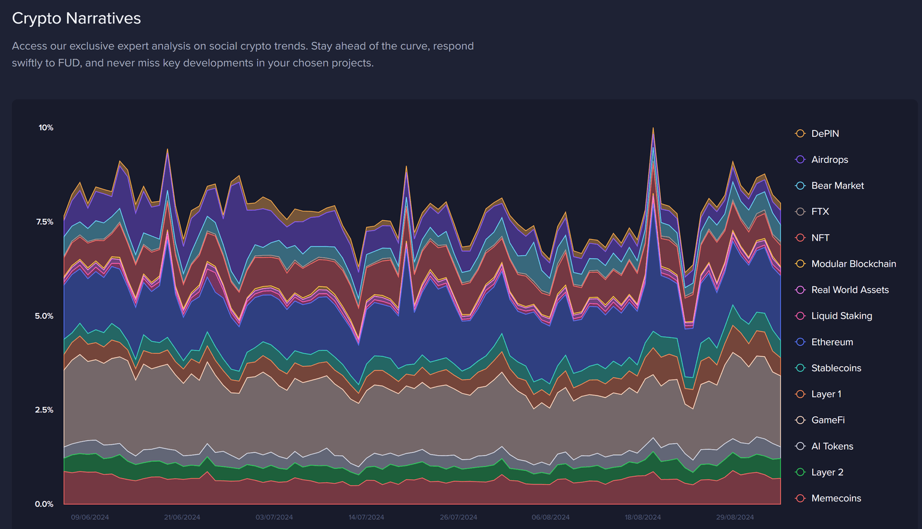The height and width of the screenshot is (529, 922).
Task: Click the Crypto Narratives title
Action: (x=76, y=19)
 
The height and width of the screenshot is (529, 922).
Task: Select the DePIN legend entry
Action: (x=825, y=134)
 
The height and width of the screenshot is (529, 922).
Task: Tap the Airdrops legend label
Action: (x=830, y=160)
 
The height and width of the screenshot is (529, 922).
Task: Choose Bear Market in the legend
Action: (x=837, y=186)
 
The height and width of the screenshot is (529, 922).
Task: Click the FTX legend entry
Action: (x=820, y=212)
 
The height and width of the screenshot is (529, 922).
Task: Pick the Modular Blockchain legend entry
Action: (x=853, y=264)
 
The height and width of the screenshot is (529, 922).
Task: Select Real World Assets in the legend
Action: (x=849, y=290)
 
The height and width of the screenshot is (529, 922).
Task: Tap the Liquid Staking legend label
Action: (x=842, y=316)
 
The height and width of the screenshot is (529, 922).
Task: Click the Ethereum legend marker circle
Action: (x=800, y=342)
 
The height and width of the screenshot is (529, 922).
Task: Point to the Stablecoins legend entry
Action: (x=836, y=368)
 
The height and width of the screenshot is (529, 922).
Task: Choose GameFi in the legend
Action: (x=828, y=420)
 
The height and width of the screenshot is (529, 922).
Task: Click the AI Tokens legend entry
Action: (x=832, y=446)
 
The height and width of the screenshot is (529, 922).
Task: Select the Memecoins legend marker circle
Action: (x=800, y=498)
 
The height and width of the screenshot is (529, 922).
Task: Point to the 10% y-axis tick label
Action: (x=46, y=128)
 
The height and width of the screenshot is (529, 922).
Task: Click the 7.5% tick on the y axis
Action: (x=44, y=222)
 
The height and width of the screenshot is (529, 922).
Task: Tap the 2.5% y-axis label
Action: (x=44, y=410)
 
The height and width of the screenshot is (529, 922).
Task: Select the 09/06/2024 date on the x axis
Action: (x=90, y=517)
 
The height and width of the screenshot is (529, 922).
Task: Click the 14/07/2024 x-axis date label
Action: (x=366, y=517)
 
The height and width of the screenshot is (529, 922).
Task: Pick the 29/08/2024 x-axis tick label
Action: (x=735, y=517)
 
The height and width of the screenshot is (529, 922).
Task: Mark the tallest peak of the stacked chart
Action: (x=653, y=128)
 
